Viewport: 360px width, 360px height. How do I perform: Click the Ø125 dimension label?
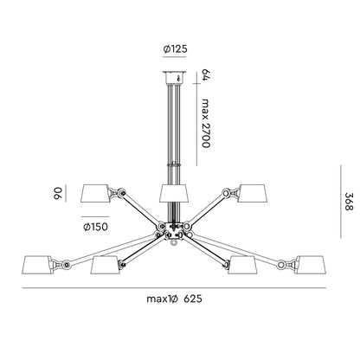[x=176, y=49]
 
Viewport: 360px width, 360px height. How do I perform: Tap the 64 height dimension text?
[x=205, y=75]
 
